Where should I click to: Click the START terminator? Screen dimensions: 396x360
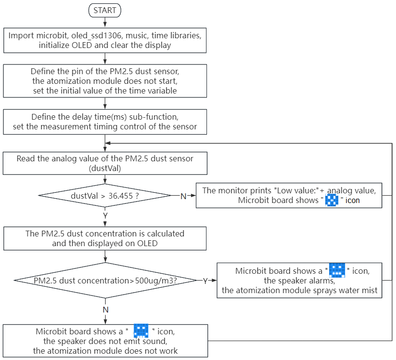tap(105, 10)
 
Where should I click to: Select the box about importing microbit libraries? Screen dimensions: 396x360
tap(105, 40)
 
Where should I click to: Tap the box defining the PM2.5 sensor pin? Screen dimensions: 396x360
tap(105, 81)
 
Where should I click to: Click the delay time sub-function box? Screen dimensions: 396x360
tap(105, 122)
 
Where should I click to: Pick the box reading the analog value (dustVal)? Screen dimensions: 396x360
tap(105, 163)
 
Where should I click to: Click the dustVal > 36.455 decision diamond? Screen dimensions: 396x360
tap(105, 196)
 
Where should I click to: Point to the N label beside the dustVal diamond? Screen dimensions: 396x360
tap(183, 196)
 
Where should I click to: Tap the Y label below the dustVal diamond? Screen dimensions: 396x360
tap(105, 216)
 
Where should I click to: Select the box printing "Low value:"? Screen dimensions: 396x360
tap(289, 195)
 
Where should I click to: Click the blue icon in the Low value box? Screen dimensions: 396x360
tap(332, 200)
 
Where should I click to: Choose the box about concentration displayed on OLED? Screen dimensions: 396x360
tap(105, 238)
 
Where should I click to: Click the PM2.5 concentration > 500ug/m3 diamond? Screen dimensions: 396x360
tap(105, 281)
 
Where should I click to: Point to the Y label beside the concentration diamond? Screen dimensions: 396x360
tap(206, 281)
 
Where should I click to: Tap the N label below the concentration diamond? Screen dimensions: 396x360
tap(106, 310)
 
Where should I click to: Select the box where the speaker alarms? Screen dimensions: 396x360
tap(299, 281)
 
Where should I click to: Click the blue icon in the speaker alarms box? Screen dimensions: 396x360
tap(337, 270)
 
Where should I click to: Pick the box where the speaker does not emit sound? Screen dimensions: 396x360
tap(105, 341)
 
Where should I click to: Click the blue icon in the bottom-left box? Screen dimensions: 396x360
tap(141, 330)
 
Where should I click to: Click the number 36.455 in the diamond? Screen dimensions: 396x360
tap(121, 196)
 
